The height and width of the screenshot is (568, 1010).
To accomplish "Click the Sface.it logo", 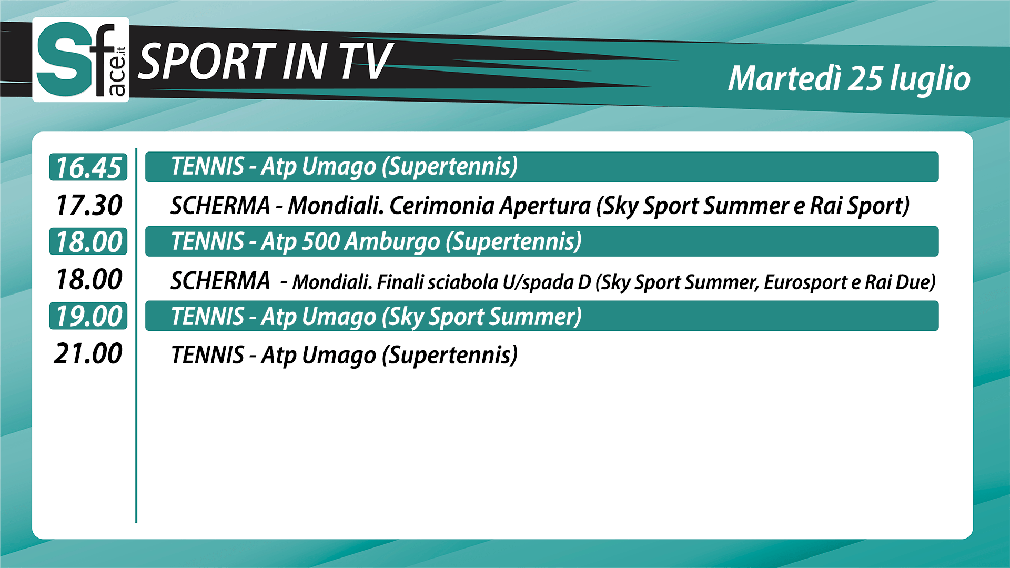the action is tap(81, 59).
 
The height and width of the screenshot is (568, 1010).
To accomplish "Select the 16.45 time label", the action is tap(88, 167).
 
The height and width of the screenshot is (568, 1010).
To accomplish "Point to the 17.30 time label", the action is tap(88, 205).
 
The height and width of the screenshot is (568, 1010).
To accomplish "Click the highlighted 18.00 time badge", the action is tap(88, 241).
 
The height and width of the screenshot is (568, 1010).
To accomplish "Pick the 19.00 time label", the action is tap(88, 316).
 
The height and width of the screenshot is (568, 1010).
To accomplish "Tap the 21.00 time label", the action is tap(88, 353).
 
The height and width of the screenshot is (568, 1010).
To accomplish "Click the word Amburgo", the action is tap(392, 242).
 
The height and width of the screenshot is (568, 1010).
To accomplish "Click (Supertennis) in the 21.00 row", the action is tap(450, 355).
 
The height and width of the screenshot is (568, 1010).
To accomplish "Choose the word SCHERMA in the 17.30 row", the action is tap(220, 206).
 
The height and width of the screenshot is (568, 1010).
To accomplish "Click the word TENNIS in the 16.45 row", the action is tap(207, 166).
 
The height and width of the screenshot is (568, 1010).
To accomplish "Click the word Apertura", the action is tap(545, 206).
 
